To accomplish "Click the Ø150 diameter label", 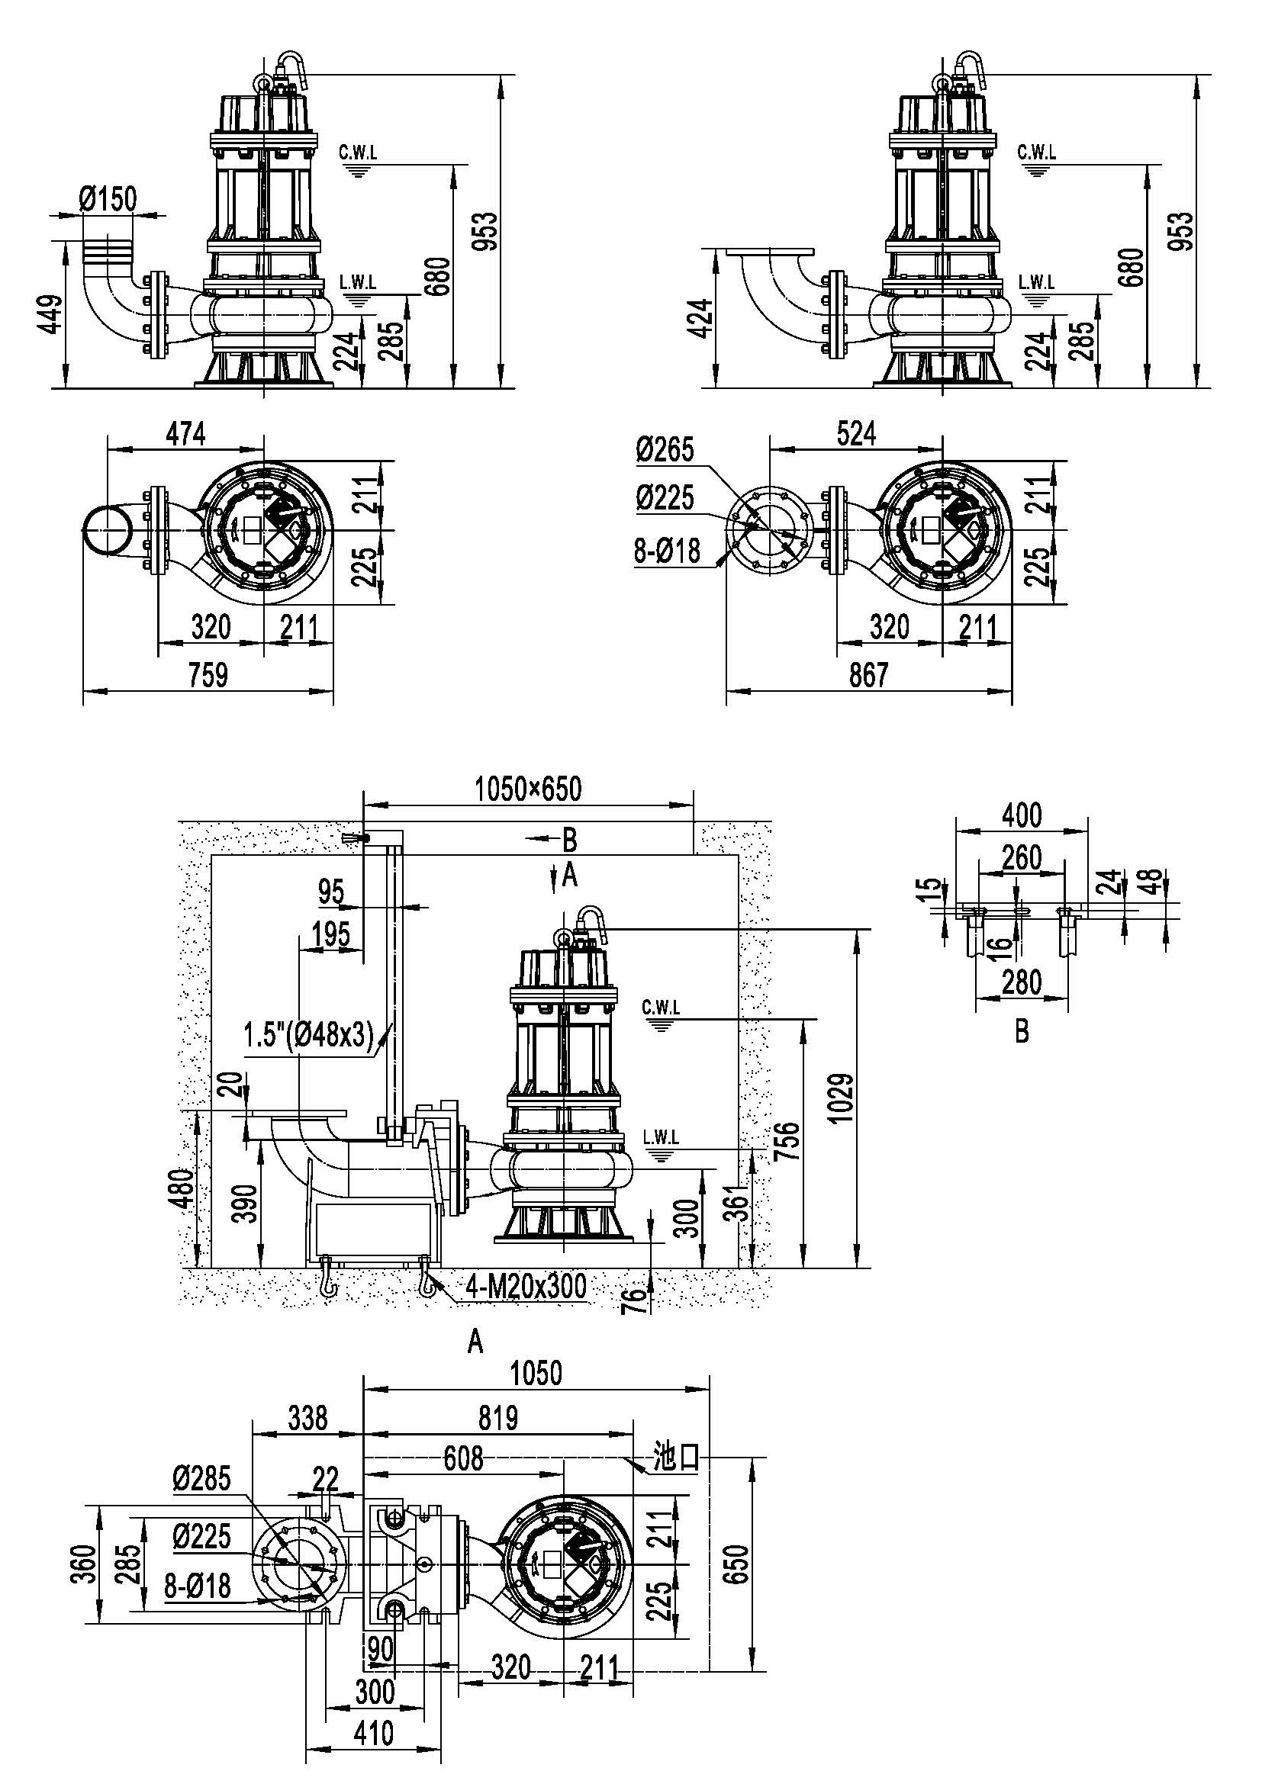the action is pyautogui.click(x=108, y=199).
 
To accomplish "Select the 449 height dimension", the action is pyautogui.click(x=50, y=314).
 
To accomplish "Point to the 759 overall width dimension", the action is pyautogui.click(x=208, y=673).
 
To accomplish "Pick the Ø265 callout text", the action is pyautogui.click(x=665, y=450).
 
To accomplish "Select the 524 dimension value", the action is pyautogui.click(x=856, y=433).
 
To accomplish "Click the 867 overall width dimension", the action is pyautogui.click(x=868, y=673).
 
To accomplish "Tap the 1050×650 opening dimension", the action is pyautogui.click(x=529, y=789).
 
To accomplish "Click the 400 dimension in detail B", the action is pyautogui.click(x=1022, y=815).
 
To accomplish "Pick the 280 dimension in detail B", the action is pyautogui.click(x=1022, y=982).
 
